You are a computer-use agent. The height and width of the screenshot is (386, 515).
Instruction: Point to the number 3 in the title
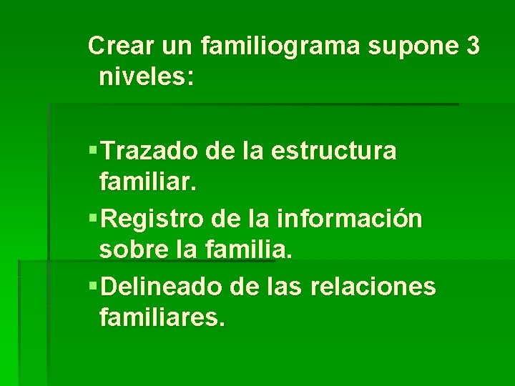point(472,46)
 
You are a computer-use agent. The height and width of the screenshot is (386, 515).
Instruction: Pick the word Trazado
point(149,152)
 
